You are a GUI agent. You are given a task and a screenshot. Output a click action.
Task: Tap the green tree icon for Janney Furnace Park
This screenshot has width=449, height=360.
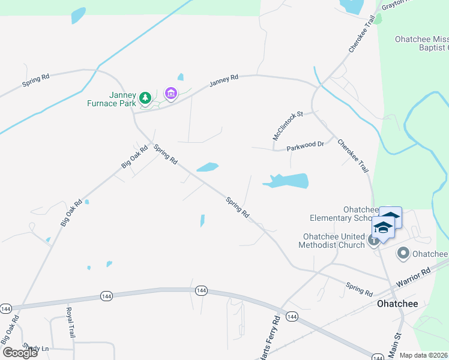[x=145, y=97]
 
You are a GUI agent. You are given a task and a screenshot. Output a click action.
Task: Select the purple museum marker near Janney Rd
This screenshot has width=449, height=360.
[x=170, y=93]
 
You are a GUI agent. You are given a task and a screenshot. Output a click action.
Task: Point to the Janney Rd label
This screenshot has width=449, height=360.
[x=224, y=81]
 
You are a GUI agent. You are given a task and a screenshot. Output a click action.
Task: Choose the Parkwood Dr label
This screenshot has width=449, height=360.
[x=305, y=145]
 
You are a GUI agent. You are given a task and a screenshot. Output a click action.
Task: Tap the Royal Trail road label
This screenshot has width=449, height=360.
[x=71, y=323]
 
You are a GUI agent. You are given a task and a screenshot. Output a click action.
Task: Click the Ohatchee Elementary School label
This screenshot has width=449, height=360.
[x=343, y=214]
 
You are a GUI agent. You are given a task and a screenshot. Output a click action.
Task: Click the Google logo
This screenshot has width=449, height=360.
[x=20, y=353]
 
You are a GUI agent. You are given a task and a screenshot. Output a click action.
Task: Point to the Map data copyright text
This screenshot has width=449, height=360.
[x=424, y=355]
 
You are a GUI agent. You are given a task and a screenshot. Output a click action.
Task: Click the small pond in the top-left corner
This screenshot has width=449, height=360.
[x=78, y=16]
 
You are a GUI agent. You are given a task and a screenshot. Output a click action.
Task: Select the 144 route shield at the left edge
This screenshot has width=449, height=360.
[x=5, y=308]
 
